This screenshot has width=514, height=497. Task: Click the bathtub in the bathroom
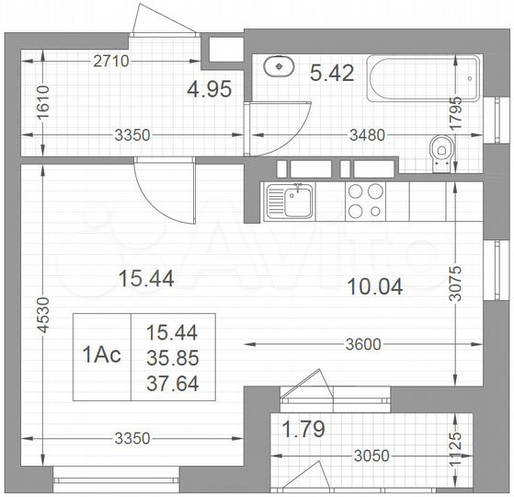tap(423, 79)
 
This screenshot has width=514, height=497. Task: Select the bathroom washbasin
tap(278, 67)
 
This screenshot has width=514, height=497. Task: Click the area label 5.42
tap(332, 72)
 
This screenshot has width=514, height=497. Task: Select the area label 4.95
tap(208, 89)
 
